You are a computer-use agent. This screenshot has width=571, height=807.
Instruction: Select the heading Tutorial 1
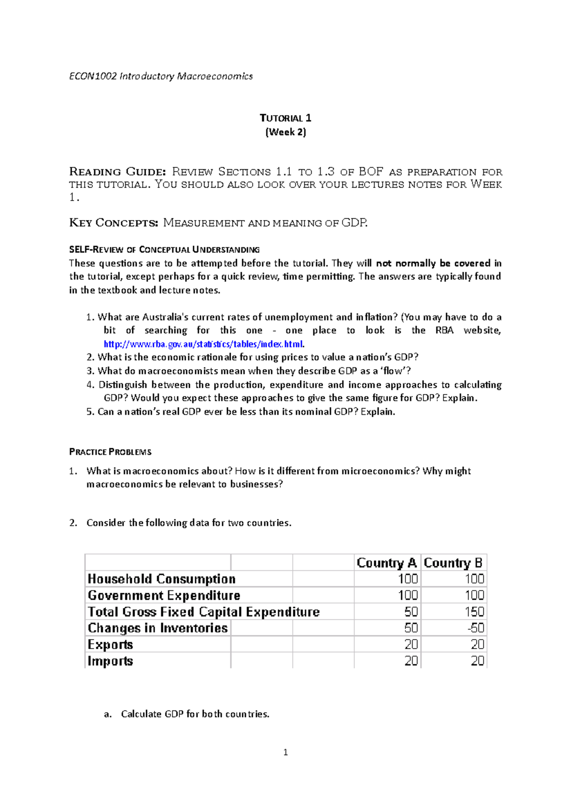point(285,118)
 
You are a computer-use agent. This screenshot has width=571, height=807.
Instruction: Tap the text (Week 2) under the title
point(285,132)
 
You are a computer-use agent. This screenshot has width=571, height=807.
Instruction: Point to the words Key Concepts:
point(113,222)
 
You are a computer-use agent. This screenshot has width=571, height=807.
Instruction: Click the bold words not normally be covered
point(433,263)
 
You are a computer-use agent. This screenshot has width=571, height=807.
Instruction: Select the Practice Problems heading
point(110,452)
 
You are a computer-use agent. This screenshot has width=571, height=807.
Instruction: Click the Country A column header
point(386,563)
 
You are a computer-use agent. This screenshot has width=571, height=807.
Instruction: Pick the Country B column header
point(453,563)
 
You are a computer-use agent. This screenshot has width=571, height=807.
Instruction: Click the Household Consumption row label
point(162,579)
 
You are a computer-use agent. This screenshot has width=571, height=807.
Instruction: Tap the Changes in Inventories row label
point(158,628)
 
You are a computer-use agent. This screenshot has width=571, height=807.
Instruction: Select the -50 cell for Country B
point(475,628)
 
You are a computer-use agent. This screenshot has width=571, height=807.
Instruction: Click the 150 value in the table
point(474,612)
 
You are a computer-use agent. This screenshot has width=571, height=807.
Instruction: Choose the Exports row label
point(110,644)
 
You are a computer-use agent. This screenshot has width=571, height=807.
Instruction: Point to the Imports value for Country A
point(411,661)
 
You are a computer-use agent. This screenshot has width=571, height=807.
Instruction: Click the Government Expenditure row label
point(164,596)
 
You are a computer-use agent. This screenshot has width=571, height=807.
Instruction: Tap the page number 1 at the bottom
point(285,752)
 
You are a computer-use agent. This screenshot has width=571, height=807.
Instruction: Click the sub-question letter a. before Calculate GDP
point(108,714)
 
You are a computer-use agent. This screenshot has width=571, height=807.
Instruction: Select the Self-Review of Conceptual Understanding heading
point(164,250)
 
